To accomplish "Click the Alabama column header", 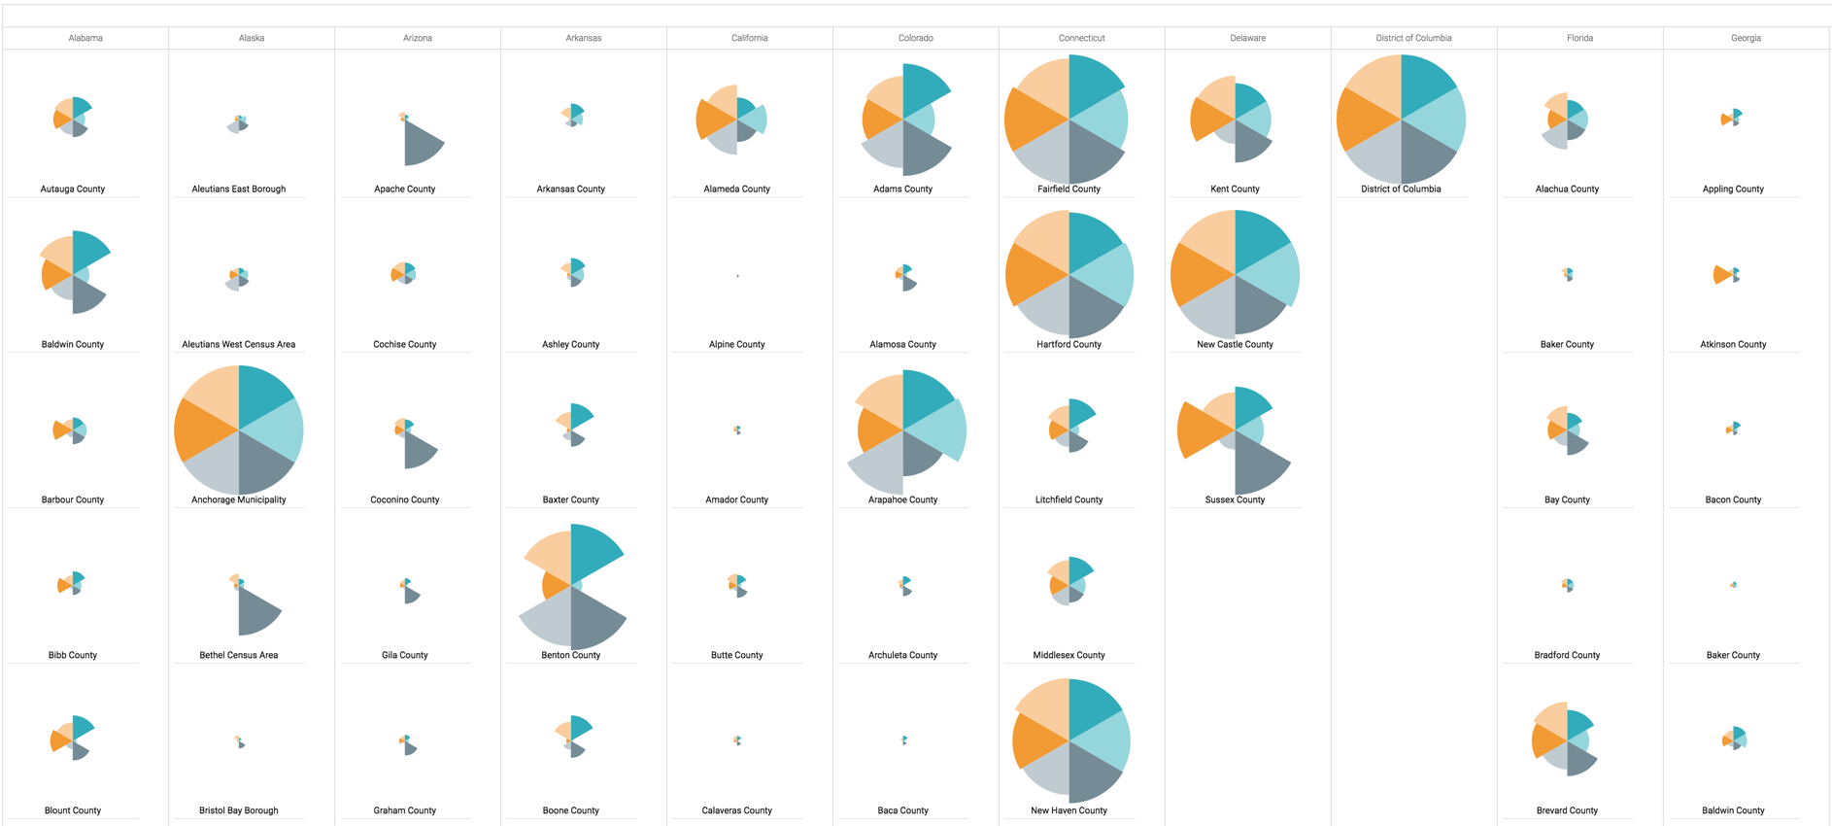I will (x=85, y=38).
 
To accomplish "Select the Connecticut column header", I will (x=1081, y=38).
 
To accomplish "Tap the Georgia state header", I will (x=1745, y=38).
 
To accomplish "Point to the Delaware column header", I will (x=1247, y=38).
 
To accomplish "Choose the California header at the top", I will (x=749, y=38).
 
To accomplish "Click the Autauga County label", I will (x=73, y=189).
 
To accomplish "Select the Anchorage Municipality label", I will (x=239, y=499).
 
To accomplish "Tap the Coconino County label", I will (x=405, y=499).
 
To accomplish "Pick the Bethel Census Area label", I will (x=239, y=655).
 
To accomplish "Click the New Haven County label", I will (x=1069, y=810).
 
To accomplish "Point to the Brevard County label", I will (x=1567, y=810).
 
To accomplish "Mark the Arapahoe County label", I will (x=902, y=499).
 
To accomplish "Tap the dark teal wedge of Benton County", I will (x=592, y=551).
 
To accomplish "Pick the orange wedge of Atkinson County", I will (x=1721, y=275).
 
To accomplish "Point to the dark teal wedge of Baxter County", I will (x=580, y=415).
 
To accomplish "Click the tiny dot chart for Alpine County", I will (x=737, y=276).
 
